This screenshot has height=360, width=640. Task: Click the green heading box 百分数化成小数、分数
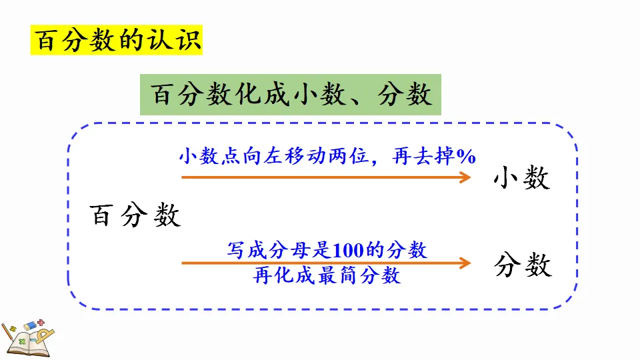click(291, 95)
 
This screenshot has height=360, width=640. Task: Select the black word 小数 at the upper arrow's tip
click(521, 178)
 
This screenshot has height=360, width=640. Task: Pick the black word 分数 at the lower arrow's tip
click(523, 266)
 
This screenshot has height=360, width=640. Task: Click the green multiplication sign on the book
click(22, 341)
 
